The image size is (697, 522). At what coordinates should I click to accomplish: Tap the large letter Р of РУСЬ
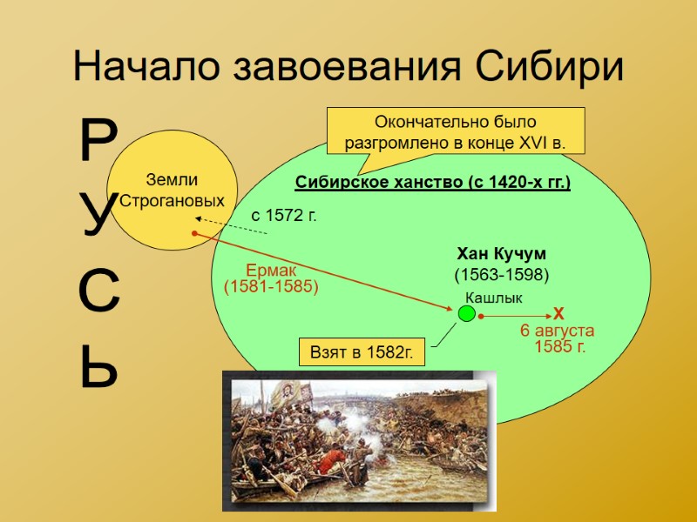pyautogui.click(x=98, y=143)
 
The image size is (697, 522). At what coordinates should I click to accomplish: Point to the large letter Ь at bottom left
pyautogui.click(x=98, y=369)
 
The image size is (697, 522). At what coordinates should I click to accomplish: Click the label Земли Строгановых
pyautogui.click(x=172, y=191)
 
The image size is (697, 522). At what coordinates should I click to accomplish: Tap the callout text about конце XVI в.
pyautogui.click(x=455, y=132)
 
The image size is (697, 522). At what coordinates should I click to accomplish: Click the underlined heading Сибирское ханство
pyautogui.click(x=432, y=183)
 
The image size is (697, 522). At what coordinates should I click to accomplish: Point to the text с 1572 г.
pyautogui.click(x=284, y=214)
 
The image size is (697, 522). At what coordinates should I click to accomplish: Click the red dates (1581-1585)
pyautogui.click(x=271, y=286)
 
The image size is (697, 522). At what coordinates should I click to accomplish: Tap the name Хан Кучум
pyautogui.click(x=501, y=254)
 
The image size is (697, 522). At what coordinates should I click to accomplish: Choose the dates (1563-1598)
pyautogui.click(x=501, y=274)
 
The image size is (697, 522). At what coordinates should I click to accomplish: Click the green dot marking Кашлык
pyautogui.click(x=468, y=312)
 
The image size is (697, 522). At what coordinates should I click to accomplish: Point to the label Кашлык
pyautogui.click(x=494, y=298)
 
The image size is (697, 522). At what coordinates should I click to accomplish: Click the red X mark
pyautogui.click(x=558, y=314)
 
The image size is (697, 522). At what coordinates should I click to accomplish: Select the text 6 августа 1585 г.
pyautogui.click(x=558, y=338)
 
